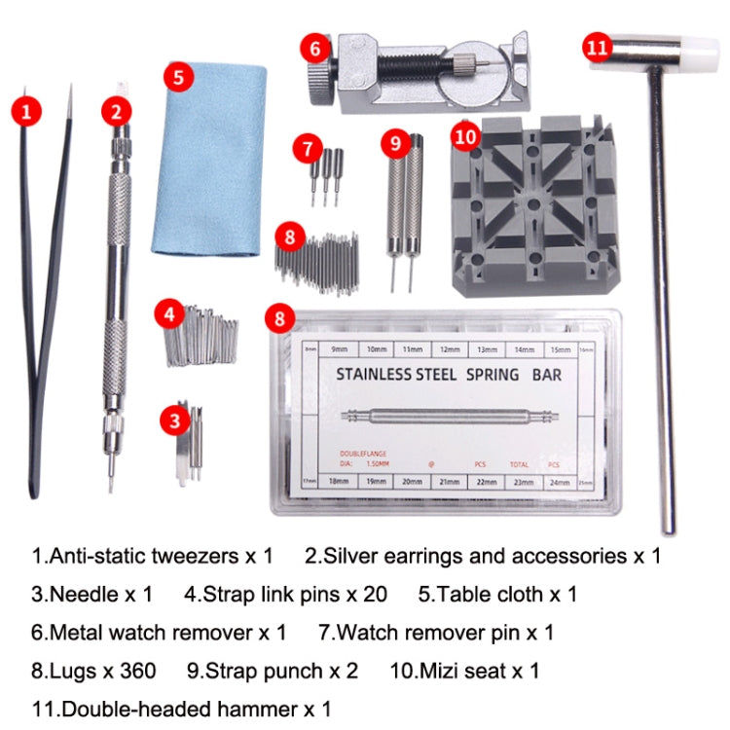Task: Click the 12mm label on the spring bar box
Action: [450, 349]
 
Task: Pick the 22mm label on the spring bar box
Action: [489, 482]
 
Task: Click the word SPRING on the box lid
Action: [476, 373]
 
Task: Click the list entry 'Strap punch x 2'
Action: [272, 671]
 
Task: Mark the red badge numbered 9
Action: [394, 144]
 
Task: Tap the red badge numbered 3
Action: [174, 420]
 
